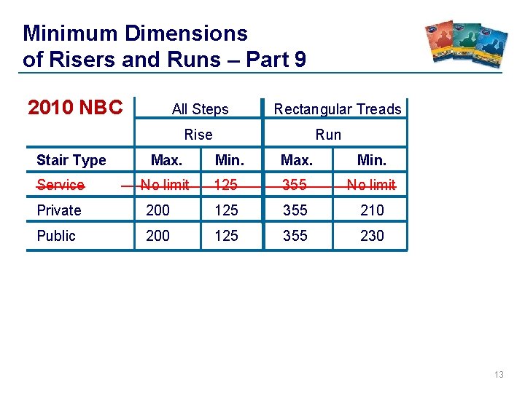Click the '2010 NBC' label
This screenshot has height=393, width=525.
[75, 108]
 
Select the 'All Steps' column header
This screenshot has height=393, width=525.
[200, 109]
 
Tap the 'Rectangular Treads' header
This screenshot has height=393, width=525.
[338, 109]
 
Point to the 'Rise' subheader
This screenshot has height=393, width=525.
[198, 134]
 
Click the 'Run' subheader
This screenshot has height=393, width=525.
[328, 134]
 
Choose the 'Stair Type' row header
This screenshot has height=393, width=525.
[71, 160]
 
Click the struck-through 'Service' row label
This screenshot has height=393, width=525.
[61, 185]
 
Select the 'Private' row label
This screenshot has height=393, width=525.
[59, 210]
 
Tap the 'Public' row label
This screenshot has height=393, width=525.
[56, 236]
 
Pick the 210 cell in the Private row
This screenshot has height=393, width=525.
[372, 210]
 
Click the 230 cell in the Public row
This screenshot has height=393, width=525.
[372, 236]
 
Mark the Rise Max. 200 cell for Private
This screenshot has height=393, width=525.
[157, 210]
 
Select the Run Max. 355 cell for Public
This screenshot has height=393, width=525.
[295, 236]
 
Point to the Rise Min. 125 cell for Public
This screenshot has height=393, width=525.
[225, 236]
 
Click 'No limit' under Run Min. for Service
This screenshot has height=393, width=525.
[371, 185]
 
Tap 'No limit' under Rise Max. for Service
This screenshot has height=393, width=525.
[165, 185]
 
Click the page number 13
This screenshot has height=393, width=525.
[499, 375]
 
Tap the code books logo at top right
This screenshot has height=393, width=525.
[467, 45]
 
